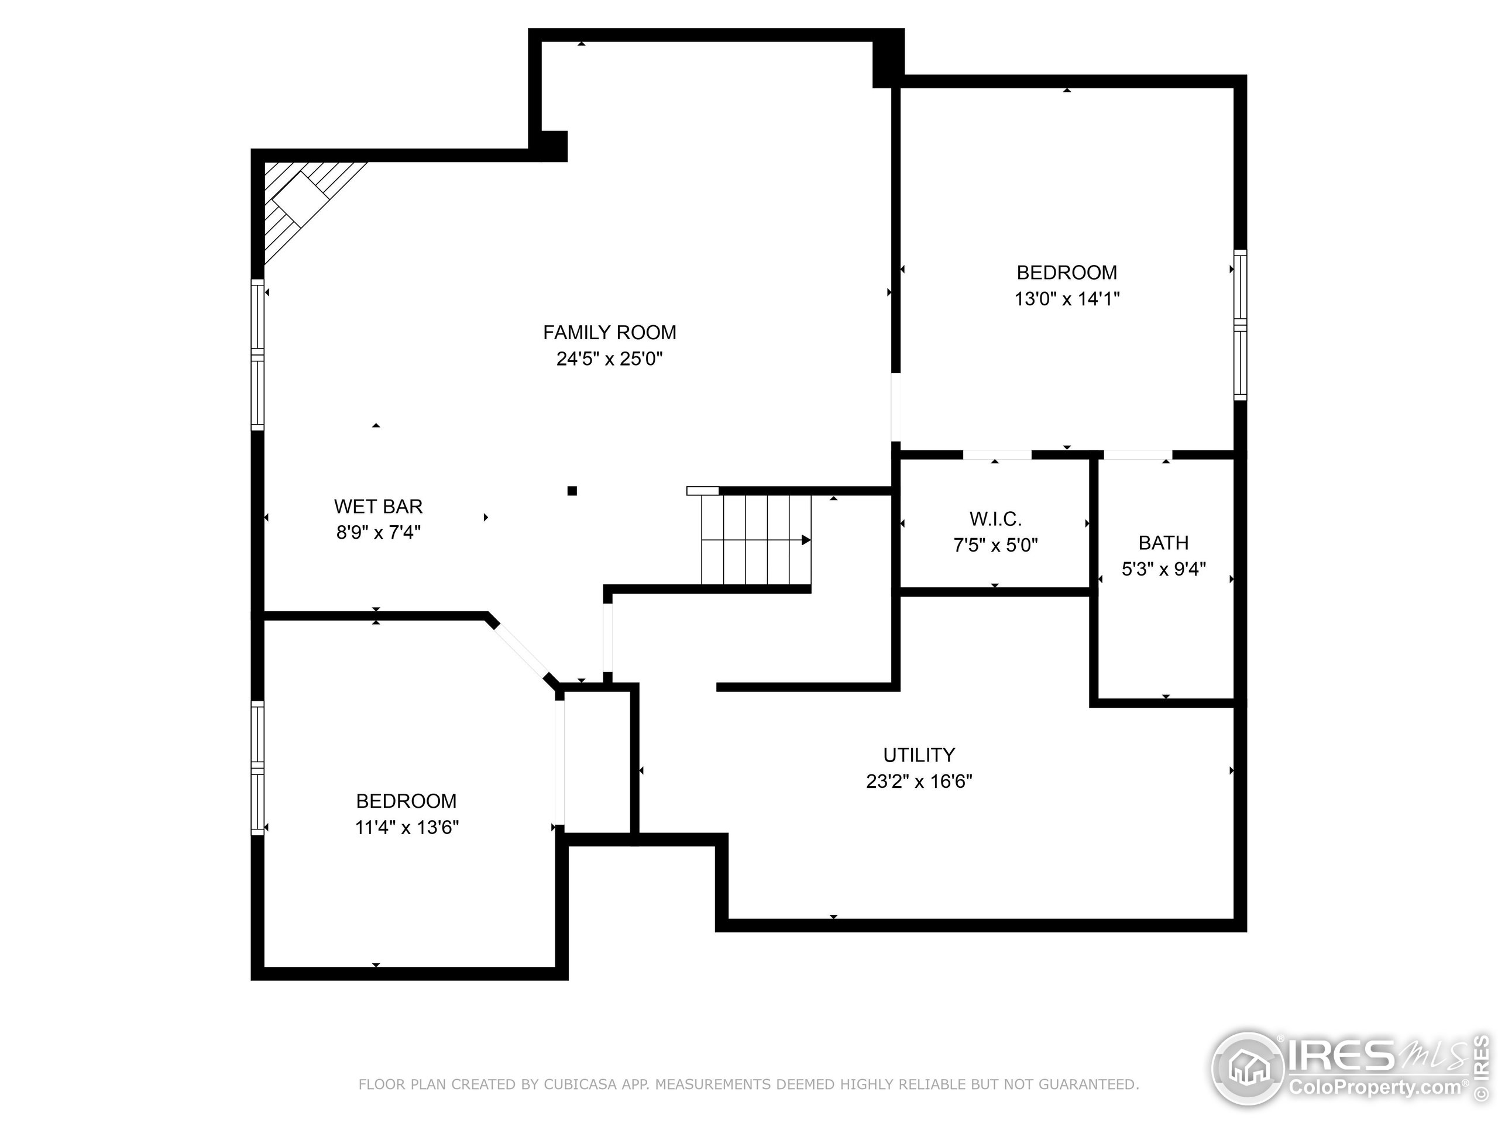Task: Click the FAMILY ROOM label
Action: (x=610, y=332)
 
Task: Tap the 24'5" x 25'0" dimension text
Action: (x=610, y=359)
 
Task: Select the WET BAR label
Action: (x=378, y=507)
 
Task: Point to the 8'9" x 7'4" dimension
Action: (x=378, y=533)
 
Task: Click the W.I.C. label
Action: (x=995, y=519)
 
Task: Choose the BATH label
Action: (x=1163, y=543)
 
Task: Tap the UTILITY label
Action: (x=919, y=755)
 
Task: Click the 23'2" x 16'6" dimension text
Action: (x=919, y=781)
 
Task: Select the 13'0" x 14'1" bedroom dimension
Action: (x=1067, y=298)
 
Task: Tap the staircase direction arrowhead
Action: (x=806, y=540)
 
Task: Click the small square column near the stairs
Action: (x=572, y=491)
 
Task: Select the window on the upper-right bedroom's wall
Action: (x=1240, y=325)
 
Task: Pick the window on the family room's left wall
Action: (x=257, y=354)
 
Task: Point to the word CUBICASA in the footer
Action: (x=580, y=1084)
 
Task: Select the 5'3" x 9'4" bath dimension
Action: (x=1163, y=569)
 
